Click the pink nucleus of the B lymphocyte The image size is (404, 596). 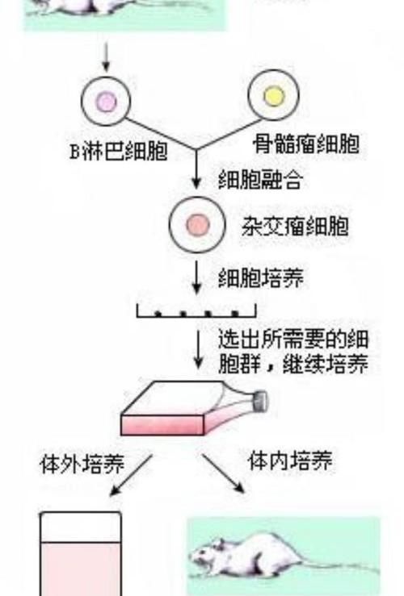pos(106,102)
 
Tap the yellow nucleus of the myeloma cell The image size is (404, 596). pos(274,95)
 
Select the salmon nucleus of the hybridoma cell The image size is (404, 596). pos(198,224)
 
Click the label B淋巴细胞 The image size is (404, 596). pos(119,152)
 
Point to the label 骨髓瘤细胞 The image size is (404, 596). pos(306,144)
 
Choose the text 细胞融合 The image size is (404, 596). pos(261,179)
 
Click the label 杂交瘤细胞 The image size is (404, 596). pos(296,226)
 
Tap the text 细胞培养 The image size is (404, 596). pos(261,278)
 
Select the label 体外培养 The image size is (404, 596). pos(82,464)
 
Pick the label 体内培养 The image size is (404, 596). pos(290,461)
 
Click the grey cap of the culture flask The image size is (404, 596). pos(262,402)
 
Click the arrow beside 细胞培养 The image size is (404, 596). pos(196,277)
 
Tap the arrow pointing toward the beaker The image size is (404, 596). pos(131,475)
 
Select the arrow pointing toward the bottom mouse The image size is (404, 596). pos(223,473)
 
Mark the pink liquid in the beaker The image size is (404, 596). pos(81,569)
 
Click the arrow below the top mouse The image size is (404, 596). pos(106,57)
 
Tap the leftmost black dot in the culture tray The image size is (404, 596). pos(158,314)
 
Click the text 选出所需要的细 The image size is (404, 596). pos(293,339)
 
